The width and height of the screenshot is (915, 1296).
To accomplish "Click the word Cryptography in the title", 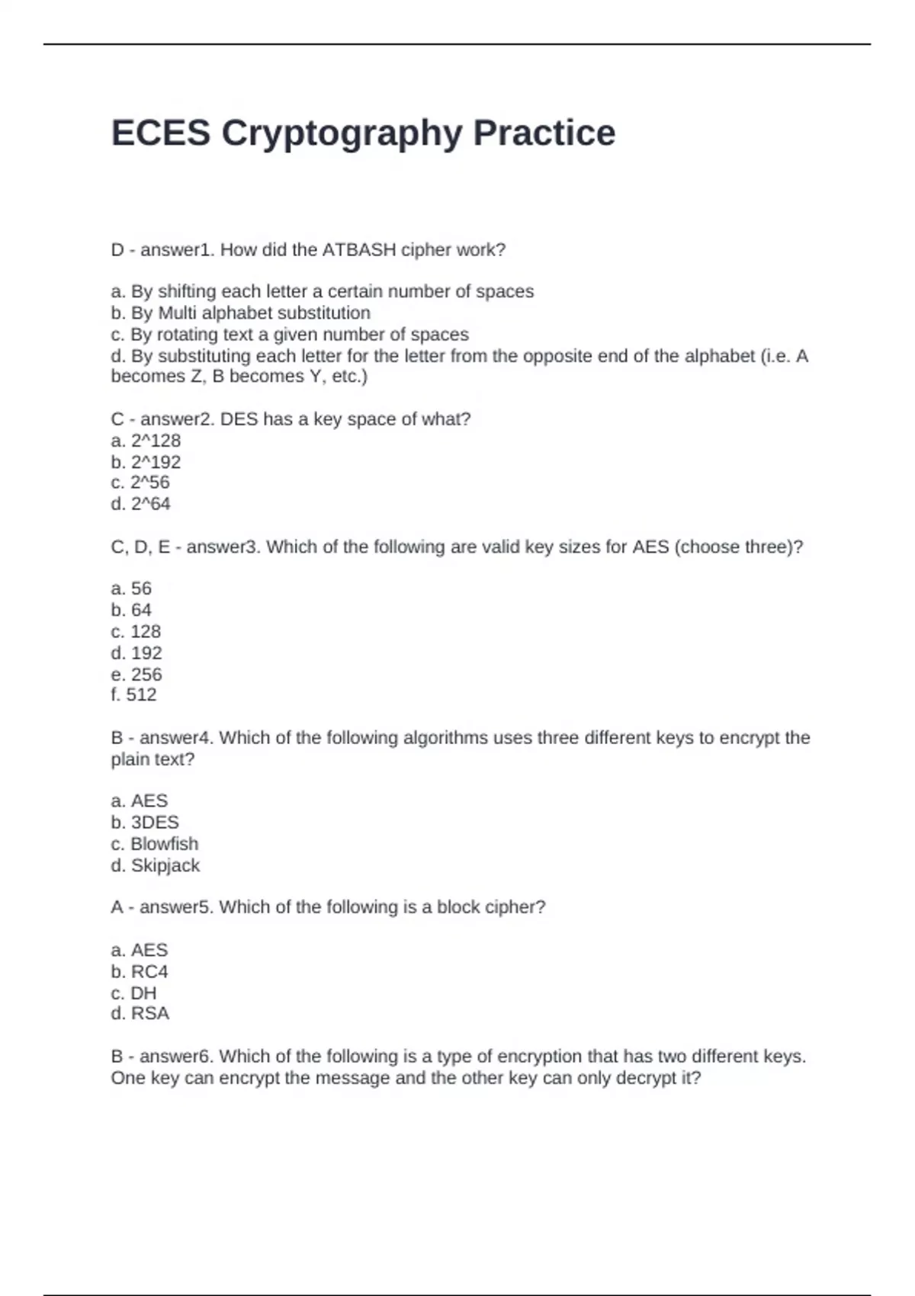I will click(342, 133).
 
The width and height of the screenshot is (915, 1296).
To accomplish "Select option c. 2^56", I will click(140, 483).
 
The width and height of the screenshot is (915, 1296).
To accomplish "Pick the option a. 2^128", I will click(146, 441).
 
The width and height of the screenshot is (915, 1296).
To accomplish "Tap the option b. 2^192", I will click(146, 462).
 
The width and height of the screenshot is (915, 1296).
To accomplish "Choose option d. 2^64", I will click(140, 504).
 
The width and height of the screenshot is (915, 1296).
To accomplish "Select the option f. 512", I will click(133, 695).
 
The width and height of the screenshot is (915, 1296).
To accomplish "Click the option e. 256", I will click(136, 674).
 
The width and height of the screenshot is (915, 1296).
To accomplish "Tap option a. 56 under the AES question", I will click(131, 589).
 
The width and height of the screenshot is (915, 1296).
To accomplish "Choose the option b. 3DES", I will click(145, 822).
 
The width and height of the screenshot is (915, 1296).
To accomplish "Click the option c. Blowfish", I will click(154, 844).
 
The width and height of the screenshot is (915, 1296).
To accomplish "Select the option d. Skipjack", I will click(155, 865).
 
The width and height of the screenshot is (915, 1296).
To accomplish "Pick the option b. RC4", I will click(140, 971).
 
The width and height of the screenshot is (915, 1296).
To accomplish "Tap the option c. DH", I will click(133, 993).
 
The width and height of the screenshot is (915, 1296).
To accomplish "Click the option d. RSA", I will click(140, 1013).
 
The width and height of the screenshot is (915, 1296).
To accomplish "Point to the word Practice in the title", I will click(544, 133).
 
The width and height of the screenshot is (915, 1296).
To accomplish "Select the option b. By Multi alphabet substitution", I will click(240, 313).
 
